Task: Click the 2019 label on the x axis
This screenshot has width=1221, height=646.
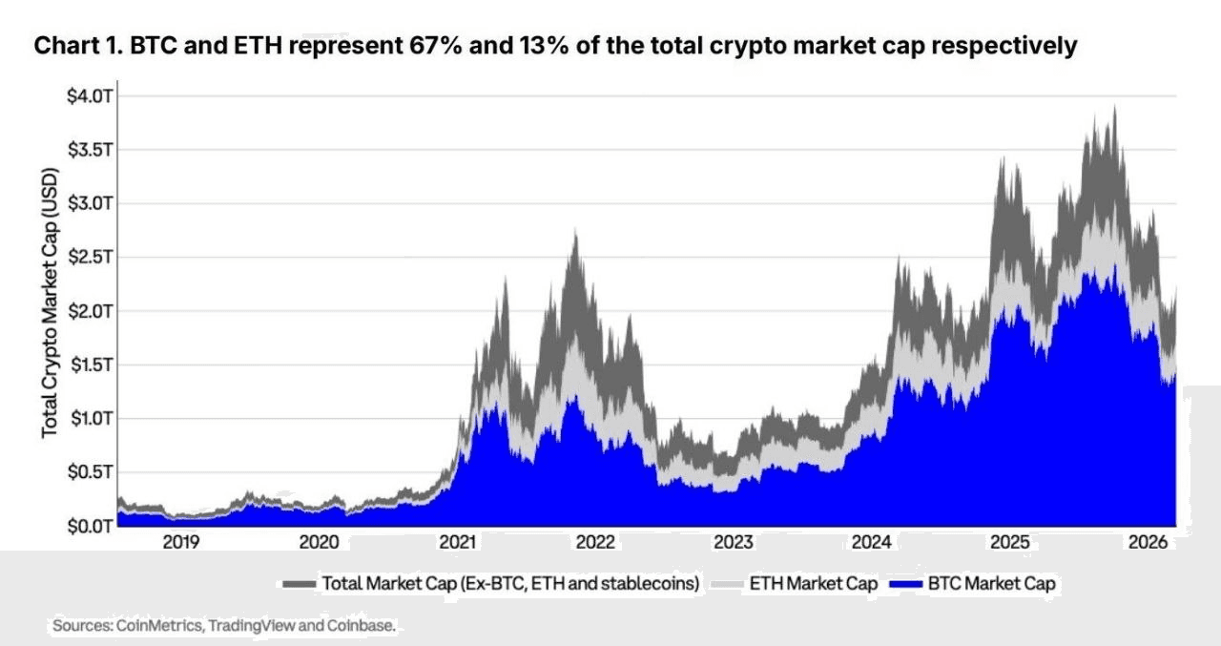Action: point(181,543)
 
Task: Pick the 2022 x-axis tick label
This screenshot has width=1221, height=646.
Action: point(595,543)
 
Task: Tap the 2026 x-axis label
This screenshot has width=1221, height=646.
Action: point(1148,543)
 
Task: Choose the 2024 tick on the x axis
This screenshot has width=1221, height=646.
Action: point(872,543)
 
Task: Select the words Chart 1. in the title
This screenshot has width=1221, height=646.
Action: point(73,46)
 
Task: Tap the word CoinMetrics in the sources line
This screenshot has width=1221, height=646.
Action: point(159,626)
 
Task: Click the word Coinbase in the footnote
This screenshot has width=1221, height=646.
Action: point(363,626)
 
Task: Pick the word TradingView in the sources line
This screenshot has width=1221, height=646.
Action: point(252,626)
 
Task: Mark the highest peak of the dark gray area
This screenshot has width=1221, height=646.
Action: point(1114,106)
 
